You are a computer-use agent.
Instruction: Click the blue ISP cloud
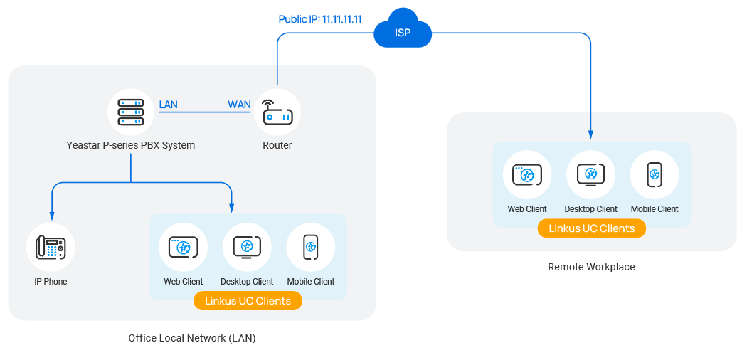(403, 30)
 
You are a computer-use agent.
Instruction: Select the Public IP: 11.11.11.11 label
(320, 19)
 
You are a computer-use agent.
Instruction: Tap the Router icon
(277, 112)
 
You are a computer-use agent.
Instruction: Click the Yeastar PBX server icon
(131, 112)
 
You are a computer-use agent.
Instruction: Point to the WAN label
(239, 105)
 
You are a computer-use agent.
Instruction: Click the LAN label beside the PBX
(169, 105)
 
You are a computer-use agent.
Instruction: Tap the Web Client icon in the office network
(184, 248)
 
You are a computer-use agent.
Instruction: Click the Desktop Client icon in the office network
(247, 248)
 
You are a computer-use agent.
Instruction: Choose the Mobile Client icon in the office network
(311, 248)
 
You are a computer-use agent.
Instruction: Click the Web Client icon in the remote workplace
(527, 175)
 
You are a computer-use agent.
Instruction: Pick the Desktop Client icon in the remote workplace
(590, 175)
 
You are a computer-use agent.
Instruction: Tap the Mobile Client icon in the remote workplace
(655, 175)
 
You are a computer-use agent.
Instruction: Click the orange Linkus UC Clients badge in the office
(248, 301)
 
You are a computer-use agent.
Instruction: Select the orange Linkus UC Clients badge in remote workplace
(591, 228)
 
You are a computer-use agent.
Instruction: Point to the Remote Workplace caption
(591, 267)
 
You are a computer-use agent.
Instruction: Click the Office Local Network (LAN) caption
(192, 338)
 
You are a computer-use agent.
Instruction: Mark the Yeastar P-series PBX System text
(131, 145)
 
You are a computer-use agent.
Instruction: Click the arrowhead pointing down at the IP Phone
(51, 217)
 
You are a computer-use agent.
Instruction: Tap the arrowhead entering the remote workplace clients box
(590, 134)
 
